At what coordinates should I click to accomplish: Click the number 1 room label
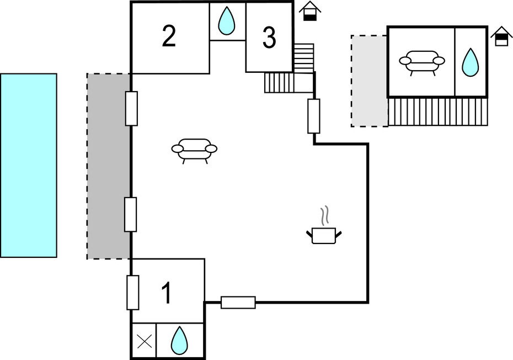[x=166, y=293]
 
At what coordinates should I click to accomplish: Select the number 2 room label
[x=169, y=36]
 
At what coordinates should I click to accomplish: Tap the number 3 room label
[x=269, y=38]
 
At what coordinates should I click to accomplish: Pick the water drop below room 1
[x=179, y=340]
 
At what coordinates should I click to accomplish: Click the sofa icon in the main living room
[x=194, y=150]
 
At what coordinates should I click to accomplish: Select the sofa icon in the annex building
[x=422, y=61]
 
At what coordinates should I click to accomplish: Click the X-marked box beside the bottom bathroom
[x=144, y=341]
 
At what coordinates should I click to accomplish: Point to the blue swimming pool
[x=29, y=165]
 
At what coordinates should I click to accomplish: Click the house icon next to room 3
[x=310, y=11]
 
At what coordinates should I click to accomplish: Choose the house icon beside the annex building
[x=501, y=36]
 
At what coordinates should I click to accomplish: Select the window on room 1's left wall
[x=132, y=292]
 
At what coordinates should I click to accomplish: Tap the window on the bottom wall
[x=238, y=302]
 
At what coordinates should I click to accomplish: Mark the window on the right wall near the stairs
[x=314, y=116]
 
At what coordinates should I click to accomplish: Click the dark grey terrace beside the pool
[x=109, y=166]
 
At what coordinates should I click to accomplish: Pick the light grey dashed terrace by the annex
[x=369, y=81]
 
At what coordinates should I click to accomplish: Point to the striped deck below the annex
[x=438, y=112]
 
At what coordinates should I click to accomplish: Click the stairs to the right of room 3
[x=303, y=58]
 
